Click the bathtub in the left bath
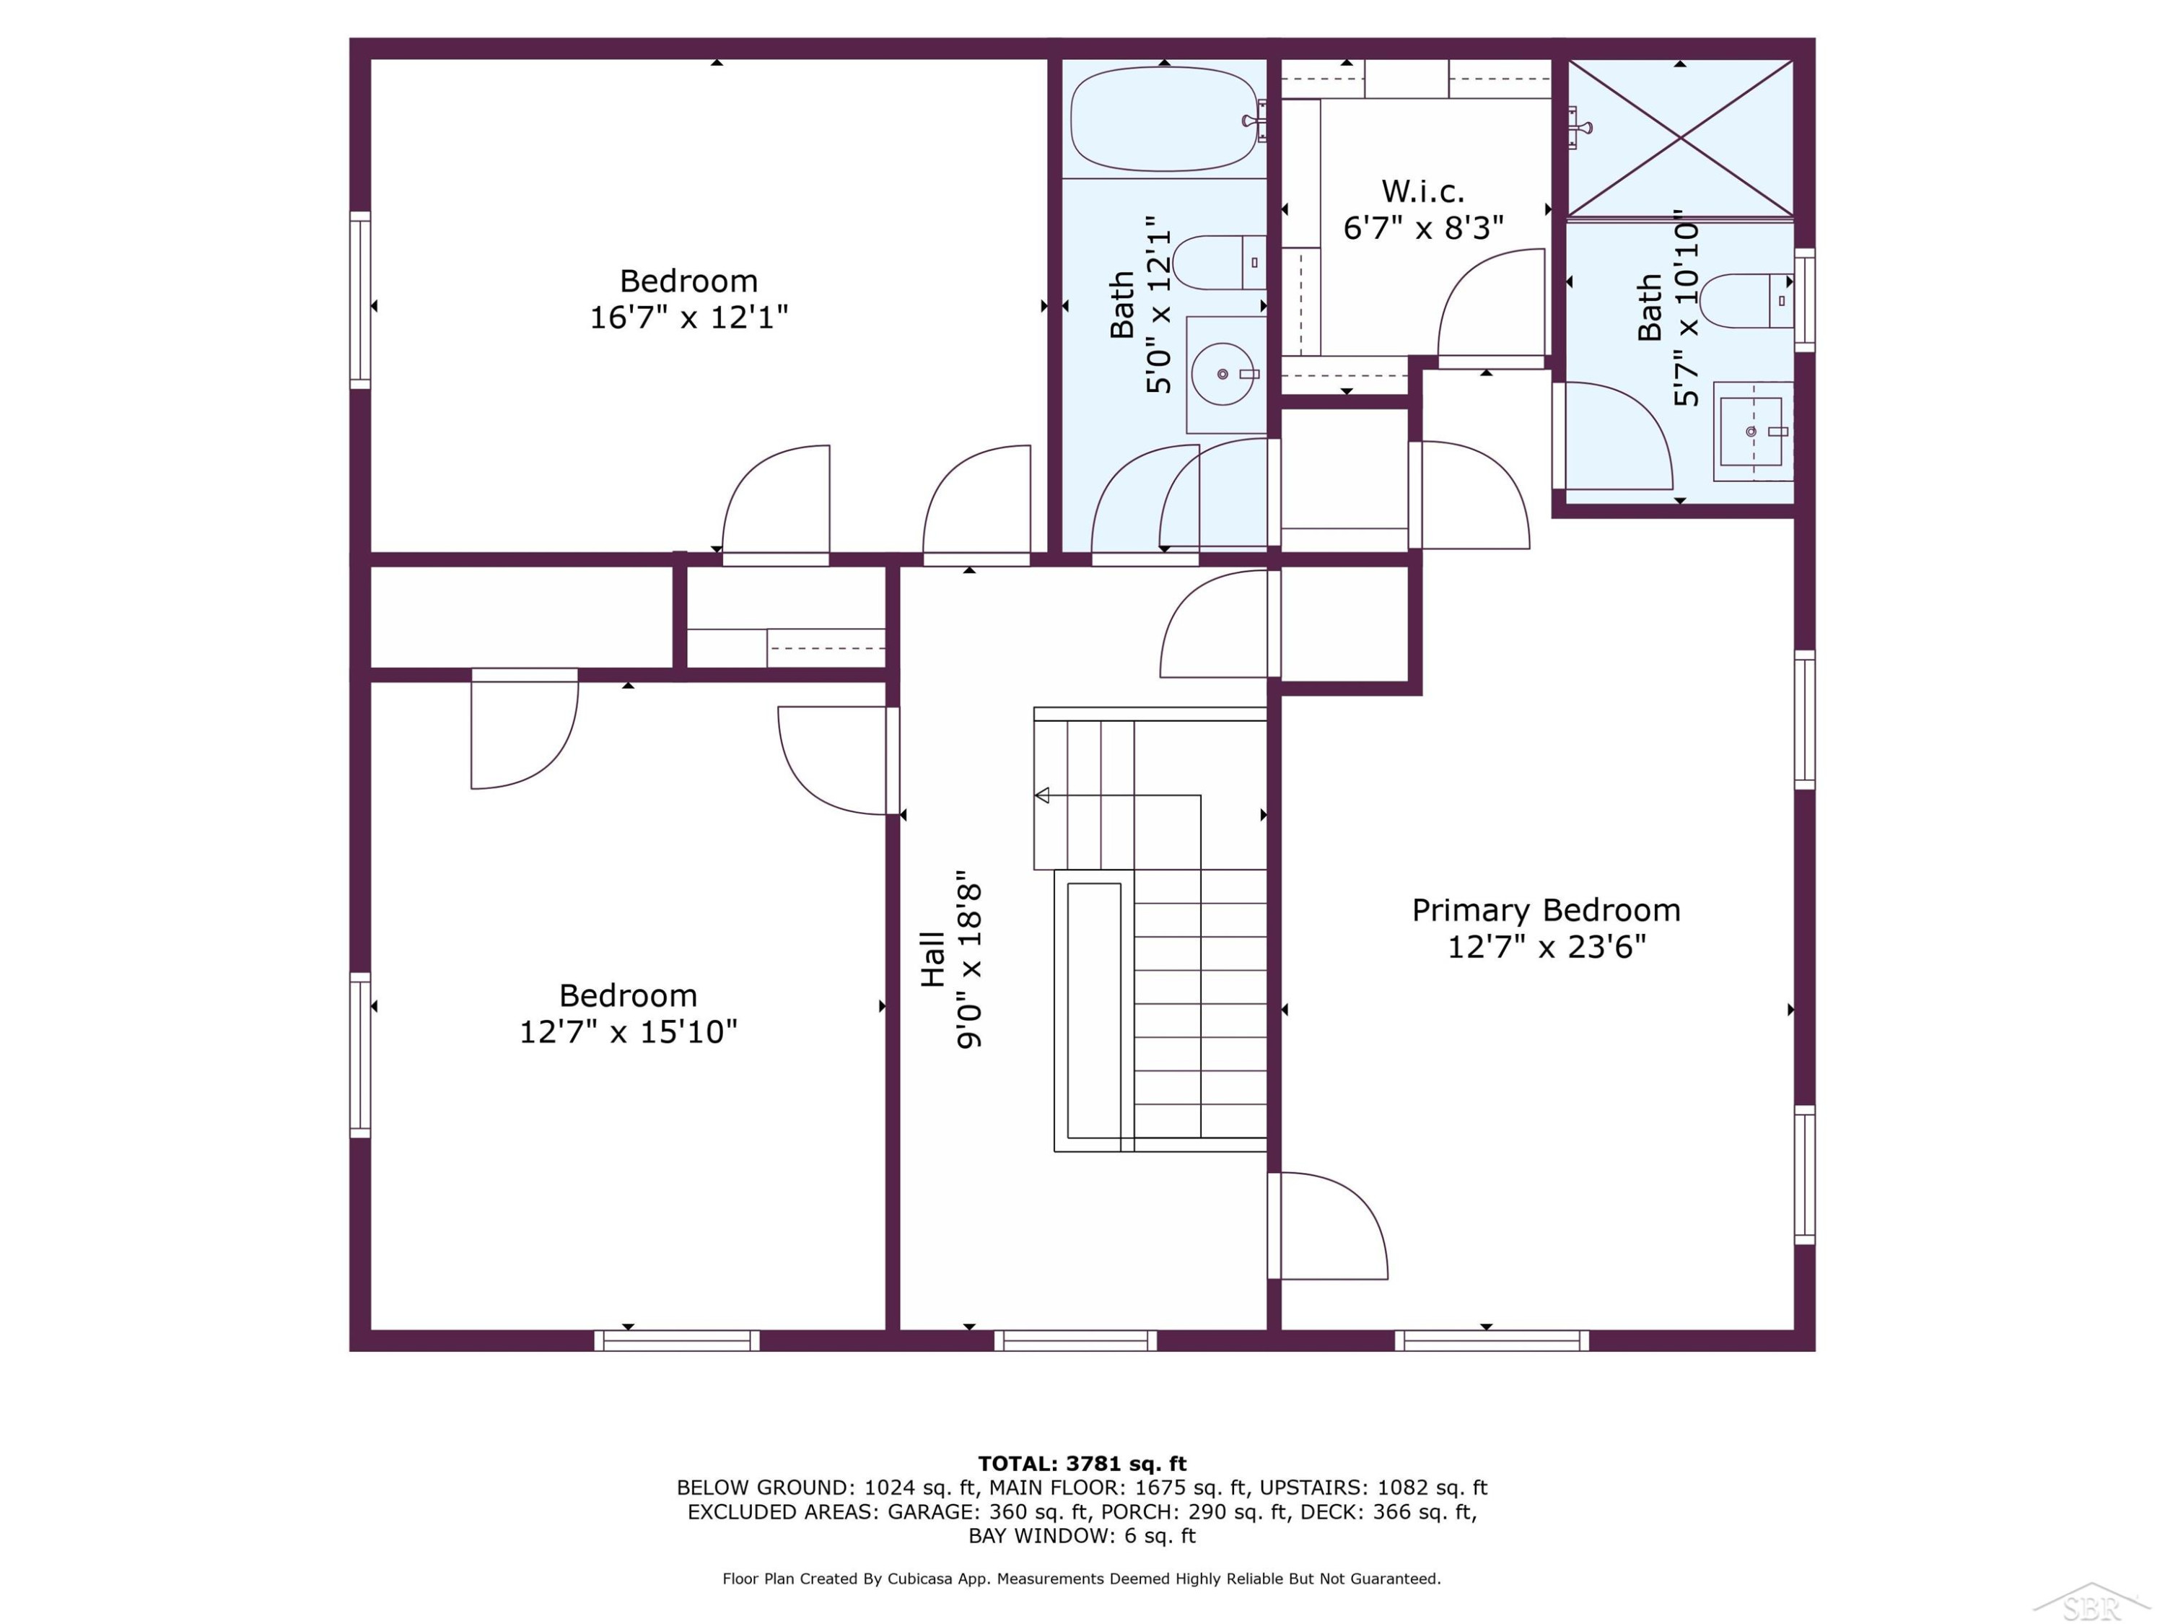pos(1165,119)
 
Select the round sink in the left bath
pos(1223,374)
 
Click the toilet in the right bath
pos(1746,300)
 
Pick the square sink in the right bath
pos(1752,431)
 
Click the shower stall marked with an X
pos(1681,138)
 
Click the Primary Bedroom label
pos(1546,910)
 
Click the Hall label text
pos(932,959)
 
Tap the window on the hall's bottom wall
pos(1076,1340)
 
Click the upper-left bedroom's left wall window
pos(360,300)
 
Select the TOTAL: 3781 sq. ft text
pos(1082,1464)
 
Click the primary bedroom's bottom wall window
pos(1492,1340)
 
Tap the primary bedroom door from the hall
pos(1328,1226)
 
